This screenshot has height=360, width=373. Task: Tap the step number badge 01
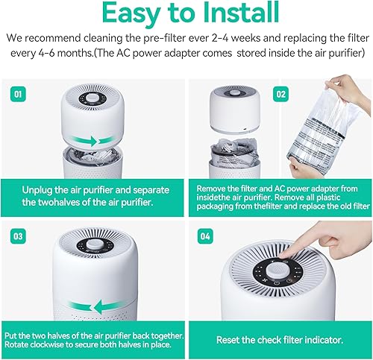19,95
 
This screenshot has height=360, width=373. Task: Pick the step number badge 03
19,236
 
